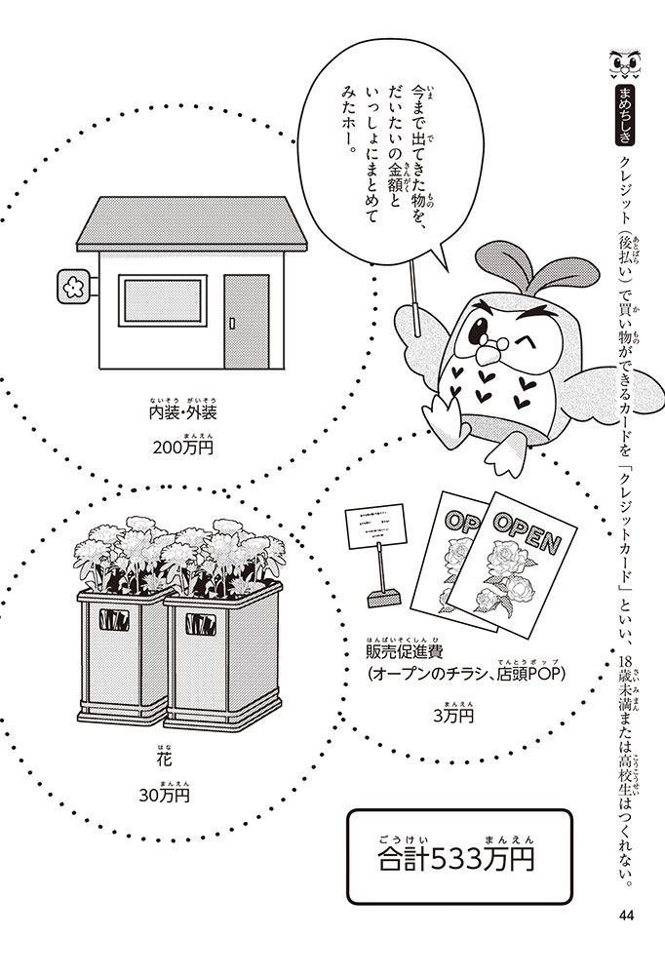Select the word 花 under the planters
(162, 759)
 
